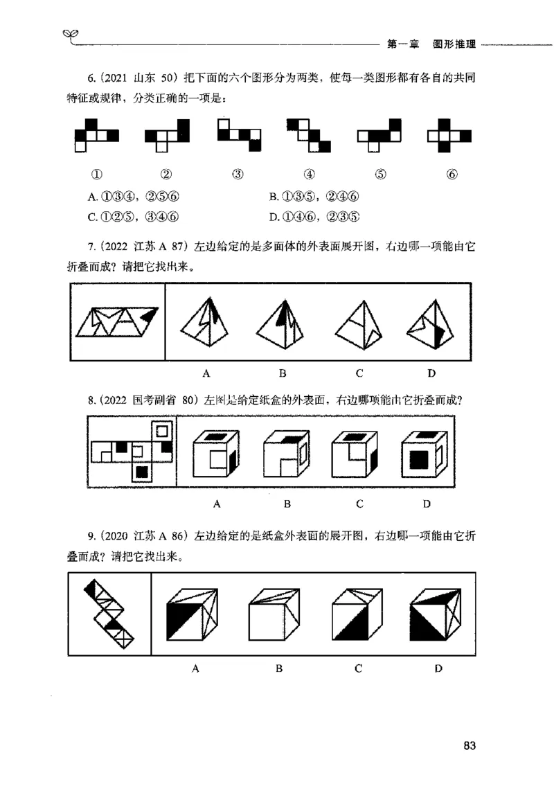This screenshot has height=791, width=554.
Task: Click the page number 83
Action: tap(470, 746)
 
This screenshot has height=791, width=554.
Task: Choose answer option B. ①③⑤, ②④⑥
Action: tap(315, 198)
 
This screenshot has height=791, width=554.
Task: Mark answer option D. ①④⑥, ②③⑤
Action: tap(315, 216)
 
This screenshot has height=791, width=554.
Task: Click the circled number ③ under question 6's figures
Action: tap(238, 175)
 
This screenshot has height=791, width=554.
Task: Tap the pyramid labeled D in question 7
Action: tap(431, 324)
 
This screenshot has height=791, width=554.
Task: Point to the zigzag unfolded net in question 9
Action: tap(109, 612)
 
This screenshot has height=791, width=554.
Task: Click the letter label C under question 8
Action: tap(359, 504)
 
